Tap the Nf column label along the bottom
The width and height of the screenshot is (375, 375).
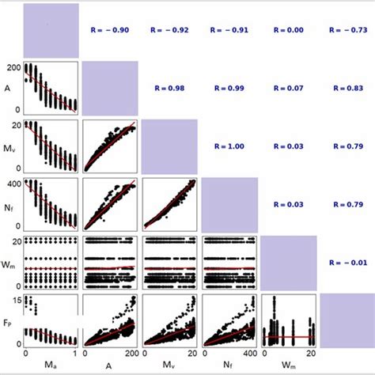[228, 365]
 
